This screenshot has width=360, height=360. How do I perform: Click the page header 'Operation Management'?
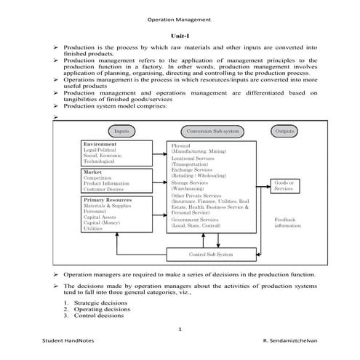179,20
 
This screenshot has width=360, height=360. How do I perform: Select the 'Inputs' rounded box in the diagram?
121,131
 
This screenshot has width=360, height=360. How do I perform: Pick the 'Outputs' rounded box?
284,131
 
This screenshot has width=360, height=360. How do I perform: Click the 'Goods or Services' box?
284,185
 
